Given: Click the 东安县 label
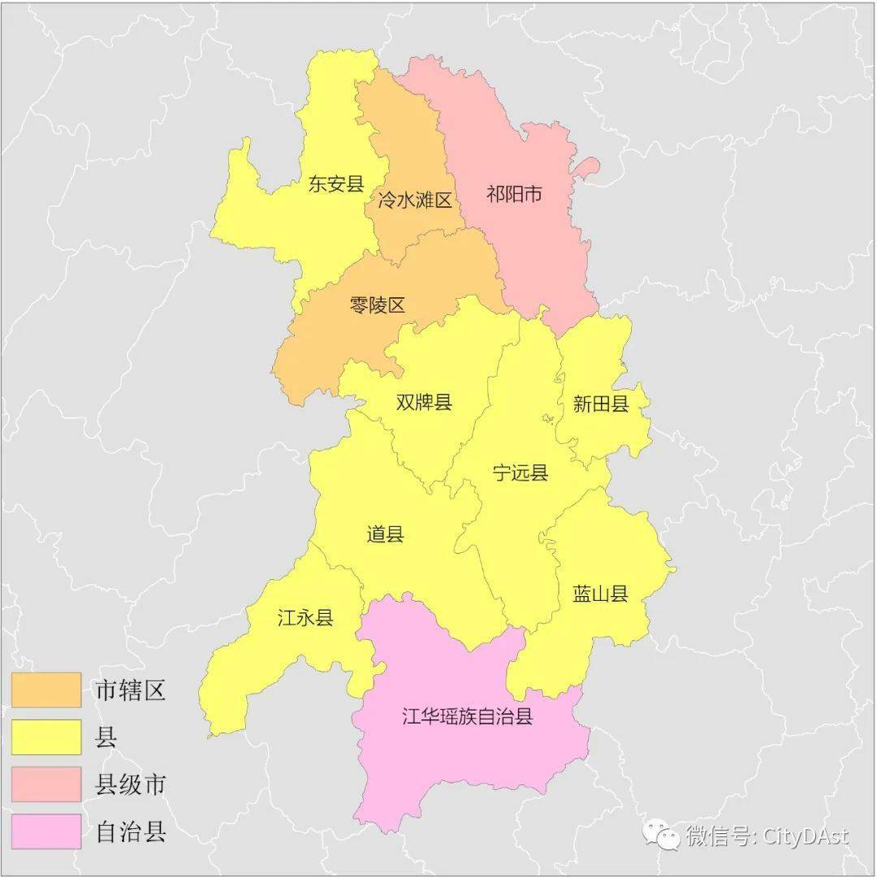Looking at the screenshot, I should click(x=335, y=184).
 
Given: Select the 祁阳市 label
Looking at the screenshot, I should click(x=514, y=195).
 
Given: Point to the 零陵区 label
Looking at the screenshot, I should click(x=377, y=305).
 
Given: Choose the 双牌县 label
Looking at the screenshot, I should click(x=424, y=402).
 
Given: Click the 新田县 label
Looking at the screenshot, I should click(x=601, y=404).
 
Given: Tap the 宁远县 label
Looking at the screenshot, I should click(x=521, y=473).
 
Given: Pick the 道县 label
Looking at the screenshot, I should click(x=385, y=534).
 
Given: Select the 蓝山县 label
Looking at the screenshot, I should click(x=601, y=594).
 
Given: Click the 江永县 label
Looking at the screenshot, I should click(x=305, y=618).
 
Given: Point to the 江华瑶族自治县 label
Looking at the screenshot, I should click(x=468, y=716).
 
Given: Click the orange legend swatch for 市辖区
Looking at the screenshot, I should click(x=46, y=690).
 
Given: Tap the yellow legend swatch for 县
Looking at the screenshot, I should click(x=46, y=737).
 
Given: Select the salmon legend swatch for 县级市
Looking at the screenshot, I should click(x=46, y=784).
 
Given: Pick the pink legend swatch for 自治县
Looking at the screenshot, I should click(x=46, y=832).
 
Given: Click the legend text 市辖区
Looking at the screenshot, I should click(x=131, y=691).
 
